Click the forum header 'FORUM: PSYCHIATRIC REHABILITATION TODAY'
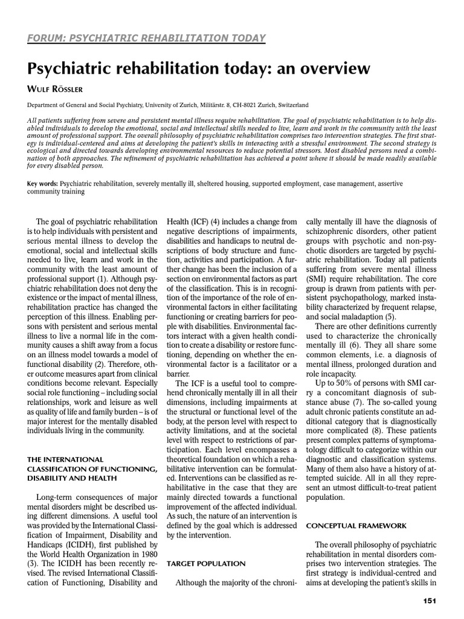(147, 39)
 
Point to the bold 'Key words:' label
(42, 183)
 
